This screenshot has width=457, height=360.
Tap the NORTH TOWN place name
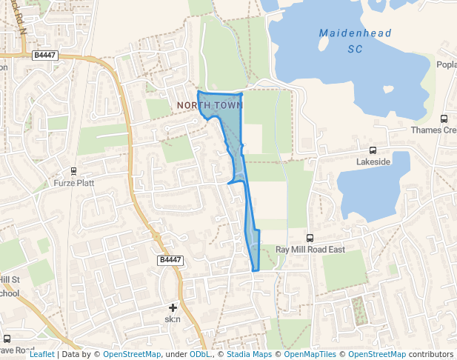[210, 106]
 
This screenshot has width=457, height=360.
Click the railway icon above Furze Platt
[74, 170]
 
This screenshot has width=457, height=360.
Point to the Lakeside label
[373, 161]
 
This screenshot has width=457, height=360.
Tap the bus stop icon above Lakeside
[373, 149]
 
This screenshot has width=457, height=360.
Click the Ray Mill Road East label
[310, 250]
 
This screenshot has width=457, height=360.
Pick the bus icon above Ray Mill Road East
[310, 239]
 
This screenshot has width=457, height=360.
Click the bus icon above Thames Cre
[444, 119]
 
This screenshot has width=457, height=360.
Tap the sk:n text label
[173, 319]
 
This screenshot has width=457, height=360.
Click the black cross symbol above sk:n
[173, 307]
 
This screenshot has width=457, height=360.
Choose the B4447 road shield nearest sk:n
[170, 260]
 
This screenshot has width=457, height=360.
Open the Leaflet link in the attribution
[41, 354]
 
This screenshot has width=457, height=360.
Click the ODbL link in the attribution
[199, 354]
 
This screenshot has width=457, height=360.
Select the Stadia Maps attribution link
[249, 354]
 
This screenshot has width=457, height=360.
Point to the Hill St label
[9, 279]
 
